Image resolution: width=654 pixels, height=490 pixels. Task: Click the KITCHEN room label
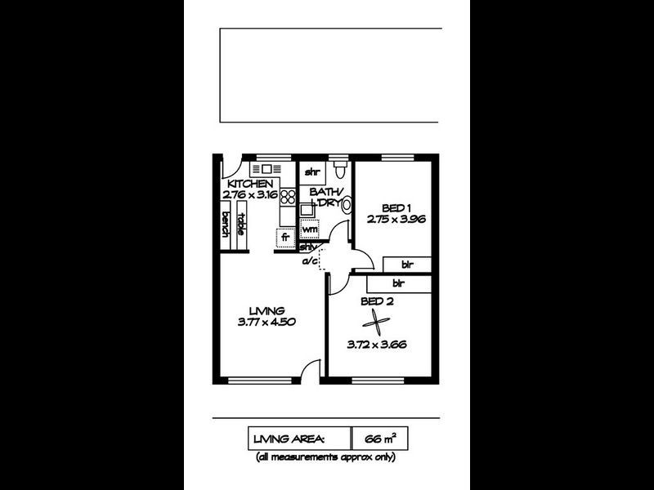point(249,184)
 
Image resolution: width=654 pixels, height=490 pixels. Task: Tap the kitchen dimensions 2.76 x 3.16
point(249,195)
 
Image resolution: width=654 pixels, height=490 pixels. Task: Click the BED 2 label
point(377,301)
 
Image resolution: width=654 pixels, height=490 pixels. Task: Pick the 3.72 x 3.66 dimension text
point(377,344)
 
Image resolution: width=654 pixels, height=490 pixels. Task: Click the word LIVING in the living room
point(267,310)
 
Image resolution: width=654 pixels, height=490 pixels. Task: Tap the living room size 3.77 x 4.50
point(267,322)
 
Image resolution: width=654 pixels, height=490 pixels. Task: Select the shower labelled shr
point(311,172)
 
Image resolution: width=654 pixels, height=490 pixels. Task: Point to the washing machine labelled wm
point(309,229)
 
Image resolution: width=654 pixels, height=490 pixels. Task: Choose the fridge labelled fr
point(285,238)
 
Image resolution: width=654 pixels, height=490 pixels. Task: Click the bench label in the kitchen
point(226,223)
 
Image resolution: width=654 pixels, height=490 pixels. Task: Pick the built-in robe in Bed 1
point(406,265)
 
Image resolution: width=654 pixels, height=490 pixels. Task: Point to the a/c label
point(310,261)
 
